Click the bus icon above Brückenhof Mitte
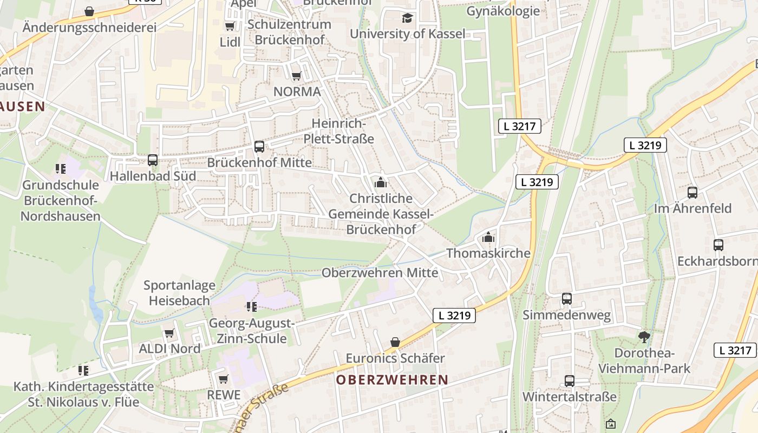tap(259, 146)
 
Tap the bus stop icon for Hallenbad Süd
tap(153, 160)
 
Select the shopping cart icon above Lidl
tap(230, 26)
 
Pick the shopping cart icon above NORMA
tap(296, 76)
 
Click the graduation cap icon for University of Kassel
tap(407, 18)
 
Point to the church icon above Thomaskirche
tap(488, 237)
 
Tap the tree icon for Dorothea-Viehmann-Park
tap(644, 337)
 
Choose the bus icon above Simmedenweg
tap(567, 299)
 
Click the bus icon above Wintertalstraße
tap(570, 380)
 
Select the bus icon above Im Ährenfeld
tap(692, 192)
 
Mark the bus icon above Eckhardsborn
tap(718, 245)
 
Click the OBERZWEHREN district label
tap(392, 380)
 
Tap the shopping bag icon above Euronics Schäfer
tap(395, 342)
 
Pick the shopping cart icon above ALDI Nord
tap(169, 333)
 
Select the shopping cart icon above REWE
tap(223, 379)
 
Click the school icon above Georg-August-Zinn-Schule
tap(251, 307)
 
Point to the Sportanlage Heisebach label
tap(179, 292)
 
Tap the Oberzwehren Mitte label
tap(380, 272)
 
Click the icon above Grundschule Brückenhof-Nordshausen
tap(61, 169)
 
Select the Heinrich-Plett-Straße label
tap(339, 132)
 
